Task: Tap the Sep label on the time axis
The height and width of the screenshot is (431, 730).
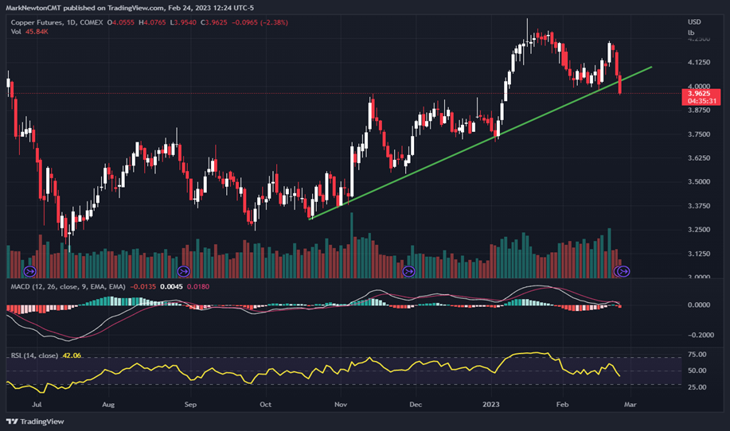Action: point(189,404)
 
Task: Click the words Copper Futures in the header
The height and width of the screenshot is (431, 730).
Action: point(33,23)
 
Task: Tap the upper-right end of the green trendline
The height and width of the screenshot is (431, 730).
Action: point(652,68)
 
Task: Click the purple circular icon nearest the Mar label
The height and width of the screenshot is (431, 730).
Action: point(623,271)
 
